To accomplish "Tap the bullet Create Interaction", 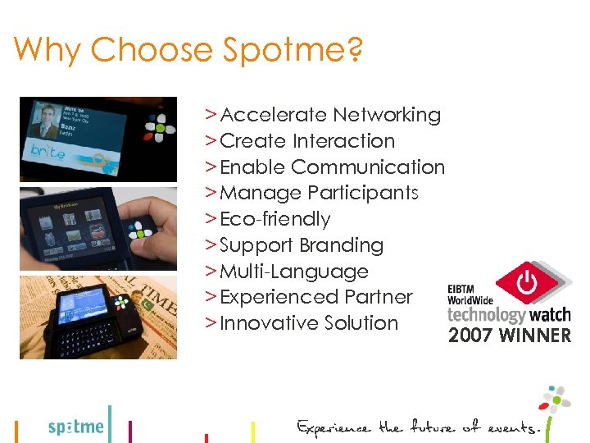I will [x=307, y=141].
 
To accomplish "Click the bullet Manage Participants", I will [x=319, y=194].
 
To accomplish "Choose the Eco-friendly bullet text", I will [x=275, y=220].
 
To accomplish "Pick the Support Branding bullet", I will [x=301, y=246].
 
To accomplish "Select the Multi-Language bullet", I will [x=294, y=272].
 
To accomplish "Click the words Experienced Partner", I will [x=315, y=297].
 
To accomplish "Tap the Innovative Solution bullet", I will [x=308, y=323].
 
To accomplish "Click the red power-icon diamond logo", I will [x=527, y=283].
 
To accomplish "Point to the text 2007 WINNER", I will [x=509, y=336].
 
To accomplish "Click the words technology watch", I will [x=508, y=314].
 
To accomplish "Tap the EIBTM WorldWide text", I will [x=470, y=294].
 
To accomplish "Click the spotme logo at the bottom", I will [x=76, y=427].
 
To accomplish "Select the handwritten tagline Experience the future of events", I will [x=419, y=427].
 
